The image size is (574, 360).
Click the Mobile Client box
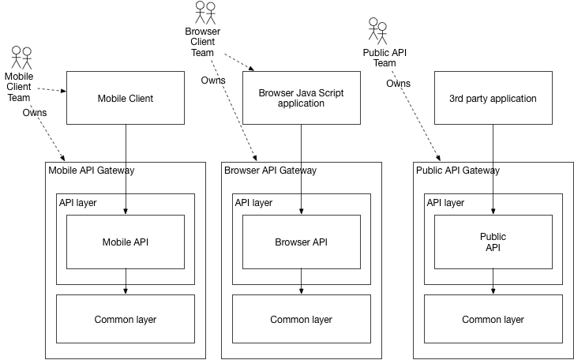pyautogui.click(x=125, y=99)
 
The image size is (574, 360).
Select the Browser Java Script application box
pyautogui.click(x=301, y=99)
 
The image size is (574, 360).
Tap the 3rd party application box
pyautogui.click(x=493, y=99)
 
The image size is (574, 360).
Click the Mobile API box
pyautogui.click(x=125, y=242)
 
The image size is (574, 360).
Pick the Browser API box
pyautogui.click(x=301, y=242)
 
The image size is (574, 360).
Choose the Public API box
pyautogui.click(x=493, y=242)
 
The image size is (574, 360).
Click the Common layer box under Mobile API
pyautogui.click(x=125, y=320)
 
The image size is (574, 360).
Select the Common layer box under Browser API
pyautogui.click(x=301, y=320)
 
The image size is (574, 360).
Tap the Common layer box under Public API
pyautogui.click(x=493, y=320)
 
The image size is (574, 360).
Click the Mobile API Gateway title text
pyautogui.click(x=92, y=170)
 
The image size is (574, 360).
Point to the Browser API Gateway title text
pyautogui.click(x=270, y=170)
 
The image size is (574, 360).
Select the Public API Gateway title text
pyautogui.click(x=457, y=170)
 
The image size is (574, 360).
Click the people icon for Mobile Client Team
pyautogui.click(x=21, y=57)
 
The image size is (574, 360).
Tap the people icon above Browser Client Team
pyautogui.click(x=205, y=13)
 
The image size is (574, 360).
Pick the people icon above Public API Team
pyautogui.click(x=378, y=32)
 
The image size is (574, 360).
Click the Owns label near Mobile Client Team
pyautogui.click(x=34, y=113)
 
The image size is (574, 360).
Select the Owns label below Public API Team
pyautogui.click(x=398, y=83)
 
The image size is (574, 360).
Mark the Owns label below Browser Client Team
pyautogui.click(x=212, y=80)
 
